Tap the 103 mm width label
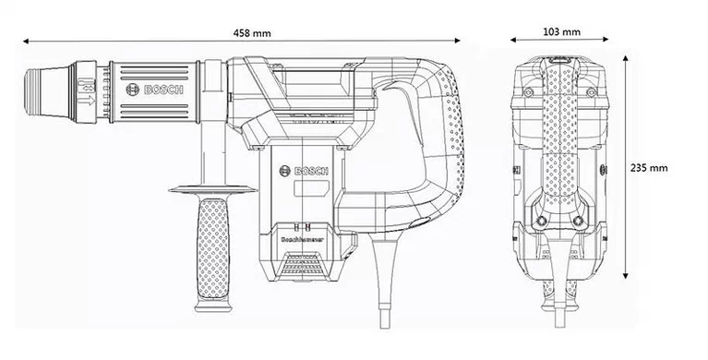pos(561,32)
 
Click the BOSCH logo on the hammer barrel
pos(160,91)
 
